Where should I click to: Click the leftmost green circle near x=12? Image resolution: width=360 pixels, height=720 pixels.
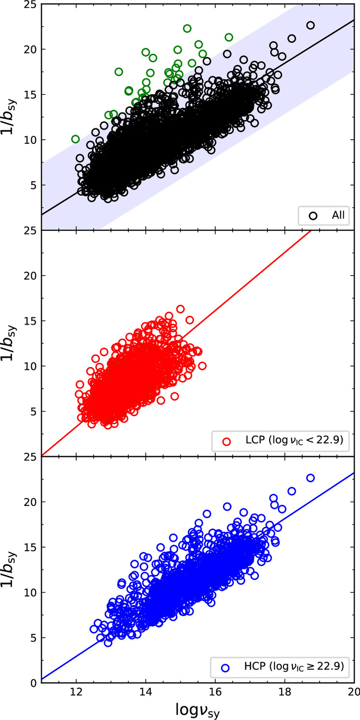[x=75, y=139]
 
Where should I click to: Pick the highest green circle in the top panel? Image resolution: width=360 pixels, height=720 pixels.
[x=187, y=28]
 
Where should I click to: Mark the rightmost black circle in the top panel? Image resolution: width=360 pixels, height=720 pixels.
[x=310, y=25]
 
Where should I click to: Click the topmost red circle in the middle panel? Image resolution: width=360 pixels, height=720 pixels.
[x=180, y=309]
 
